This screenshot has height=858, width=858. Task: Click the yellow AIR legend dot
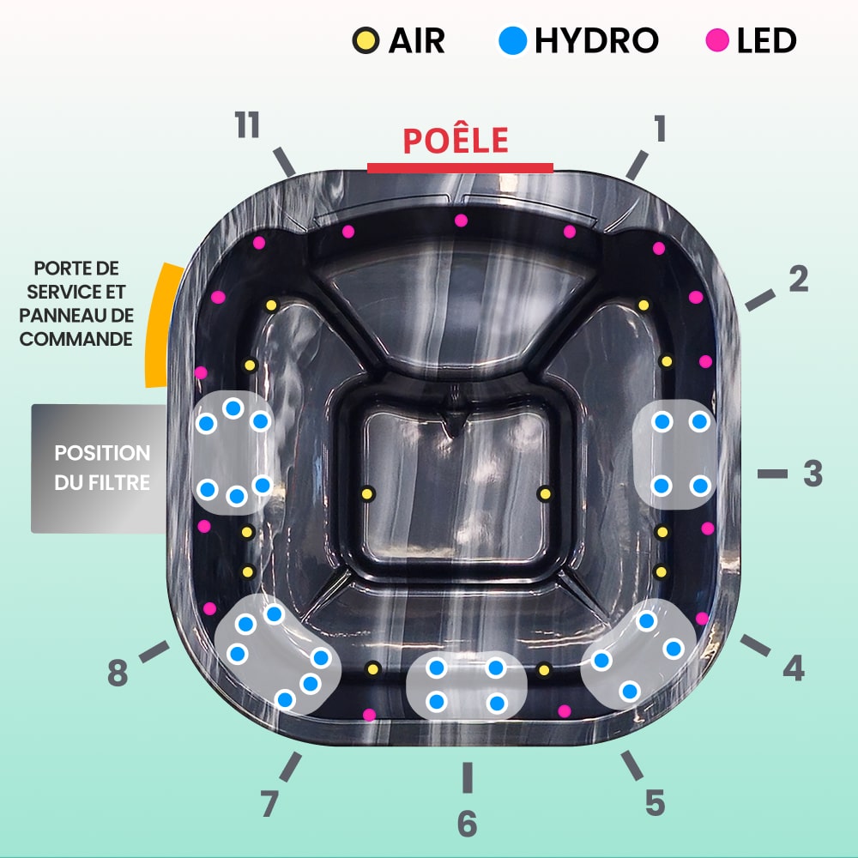point(366,40)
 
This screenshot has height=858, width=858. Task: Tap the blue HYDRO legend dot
point(513,40)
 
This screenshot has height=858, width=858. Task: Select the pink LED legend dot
point(717,40)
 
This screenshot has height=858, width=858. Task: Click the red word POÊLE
point(456,140)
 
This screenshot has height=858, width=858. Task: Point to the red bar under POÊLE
point(460,168)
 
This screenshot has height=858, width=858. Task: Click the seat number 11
point(247,124)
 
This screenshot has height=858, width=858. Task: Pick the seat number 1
point(661,128)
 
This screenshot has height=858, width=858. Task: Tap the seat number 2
point(799,279)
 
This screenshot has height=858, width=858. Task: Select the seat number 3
point(813,474)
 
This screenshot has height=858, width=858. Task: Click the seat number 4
point(794,668)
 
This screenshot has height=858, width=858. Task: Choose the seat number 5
point(656,803)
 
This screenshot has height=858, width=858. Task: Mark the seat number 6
point(468,824)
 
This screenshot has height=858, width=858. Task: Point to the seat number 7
point(269,803)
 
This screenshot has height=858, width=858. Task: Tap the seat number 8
point(118,673)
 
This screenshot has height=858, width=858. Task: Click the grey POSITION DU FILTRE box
point(99,468)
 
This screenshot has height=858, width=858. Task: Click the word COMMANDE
point(76,339)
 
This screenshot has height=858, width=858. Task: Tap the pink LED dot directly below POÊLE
point(462,221)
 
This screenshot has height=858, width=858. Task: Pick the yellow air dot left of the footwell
point(367,494)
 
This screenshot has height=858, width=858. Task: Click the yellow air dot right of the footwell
point(545,494)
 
